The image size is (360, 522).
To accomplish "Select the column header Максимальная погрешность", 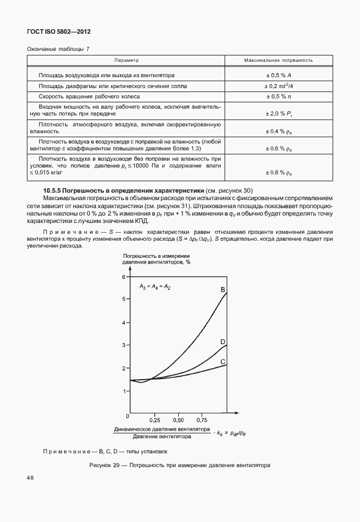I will tap(278, 60).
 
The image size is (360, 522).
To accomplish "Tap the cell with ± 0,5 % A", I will tap(278, 75).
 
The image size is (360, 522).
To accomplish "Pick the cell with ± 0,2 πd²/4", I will tap(278, 86).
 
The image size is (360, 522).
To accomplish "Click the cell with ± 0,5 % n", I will tap(278, 96).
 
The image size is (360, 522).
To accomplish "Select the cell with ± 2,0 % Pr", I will tap(278, 113).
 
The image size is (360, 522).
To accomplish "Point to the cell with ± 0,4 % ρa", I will tap(278, 131).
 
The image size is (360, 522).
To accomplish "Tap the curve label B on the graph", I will tap(223, 290).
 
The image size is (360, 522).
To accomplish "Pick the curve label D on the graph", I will tap(223, 341).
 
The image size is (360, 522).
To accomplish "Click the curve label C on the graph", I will tap(223, 361).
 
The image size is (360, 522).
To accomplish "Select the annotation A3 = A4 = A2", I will tap(155, 285).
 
